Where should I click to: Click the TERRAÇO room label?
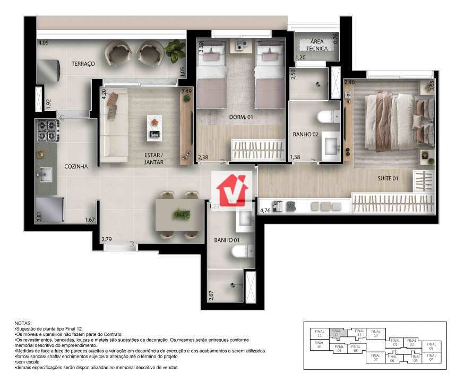click(83, 64)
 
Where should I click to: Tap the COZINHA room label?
click(76, 166)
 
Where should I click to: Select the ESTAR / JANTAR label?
click(154, 159)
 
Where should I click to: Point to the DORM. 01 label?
click(240, 117)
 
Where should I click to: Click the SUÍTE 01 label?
click(388, 179)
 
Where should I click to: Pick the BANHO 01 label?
click(226, 240)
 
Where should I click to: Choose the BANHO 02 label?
click(305, 135)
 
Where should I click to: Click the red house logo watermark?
click(231, 190)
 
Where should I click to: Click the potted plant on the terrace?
click(174, 51)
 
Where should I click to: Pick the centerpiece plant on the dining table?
click(181, 214)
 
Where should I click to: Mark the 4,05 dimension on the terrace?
click(43, 42)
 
